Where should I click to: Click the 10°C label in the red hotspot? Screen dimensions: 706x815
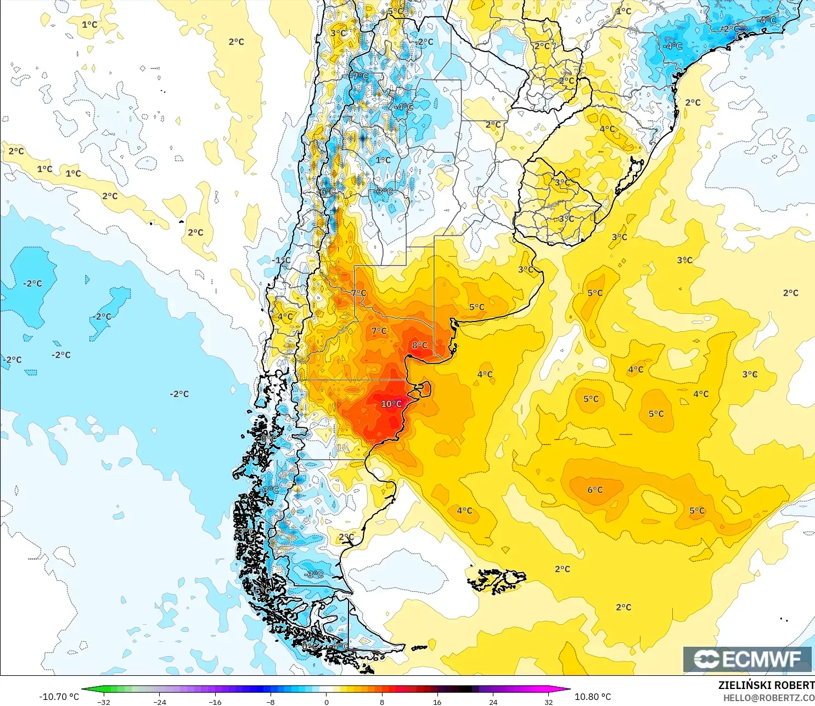(391, 404)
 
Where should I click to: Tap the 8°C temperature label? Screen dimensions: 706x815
(420, 345)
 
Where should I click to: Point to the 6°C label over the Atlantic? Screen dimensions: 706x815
(595, 490)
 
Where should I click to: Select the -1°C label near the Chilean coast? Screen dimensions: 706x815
(282, 260)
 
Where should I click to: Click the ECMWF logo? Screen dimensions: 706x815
(747, 659)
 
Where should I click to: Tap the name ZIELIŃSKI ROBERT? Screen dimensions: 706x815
(766, 685)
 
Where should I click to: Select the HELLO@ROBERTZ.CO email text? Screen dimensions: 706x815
(768, 698)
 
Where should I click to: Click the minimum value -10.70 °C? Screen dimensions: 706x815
(59, 697)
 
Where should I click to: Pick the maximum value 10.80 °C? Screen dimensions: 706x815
(593, 697)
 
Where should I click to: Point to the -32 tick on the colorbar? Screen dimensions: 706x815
(104, 702)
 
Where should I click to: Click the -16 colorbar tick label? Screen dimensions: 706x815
(215, 702)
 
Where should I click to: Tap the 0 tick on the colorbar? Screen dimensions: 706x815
(327, 702)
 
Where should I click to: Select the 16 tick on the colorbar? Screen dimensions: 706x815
(437, 702)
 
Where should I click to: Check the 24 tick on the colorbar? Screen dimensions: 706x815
(493, 702)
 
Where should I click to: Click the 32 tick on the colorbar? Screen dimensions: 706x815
(548, 702)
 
